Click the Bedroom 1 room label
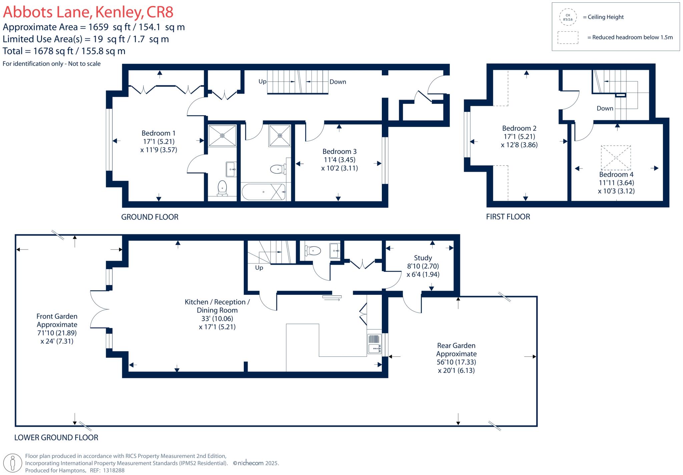click(x=158, y=133)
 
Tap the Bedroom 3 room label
click(x=339, y=152)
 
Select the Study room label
click(x=423, y=258)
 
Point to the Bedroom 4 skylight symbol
click(x=616, y=158)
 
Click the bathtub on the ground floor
click(x=263, y=192)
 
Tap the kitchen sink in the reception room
click(x=374, y=344)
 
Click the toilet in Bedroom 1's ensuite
click(x=222, y=188)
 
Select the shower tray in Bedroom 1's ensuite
click(x=222, y=135)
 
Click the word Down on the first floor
click(x=605, y=108)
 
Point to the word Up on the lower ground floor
click(x=259, y=268)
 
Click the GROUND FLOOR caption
click(x=150, y=217)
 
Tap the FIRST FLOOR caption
click(x=508, y=217)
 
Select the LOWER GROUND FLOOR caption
click(x=56, y=438)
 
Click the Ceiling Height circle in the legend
click(x=568, y=17)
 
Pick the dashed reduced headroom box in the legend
click(x=568, y=38)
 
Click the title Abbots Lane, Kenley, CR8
click(x=88, y=12)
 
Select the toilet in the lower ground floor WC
click(x=312, y=250)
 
